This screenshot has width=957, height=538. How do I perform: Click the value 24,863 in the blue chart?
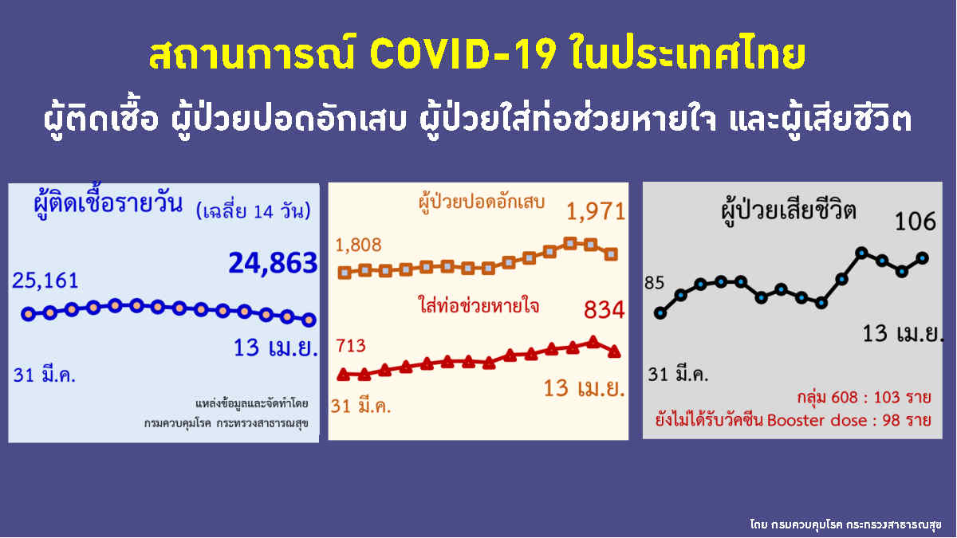click(x=273, y=263)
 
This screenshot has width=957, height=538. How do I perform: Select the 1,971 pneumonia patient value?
click(x=595, y=212)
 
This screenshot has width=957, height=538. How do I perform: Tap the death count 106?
click(x=915, y=221)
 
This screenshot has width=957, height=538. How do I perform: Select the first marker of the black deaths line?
click(x=660, y=312)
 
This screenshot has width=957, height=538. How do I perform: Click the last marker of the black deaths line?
click(x=923, y=257)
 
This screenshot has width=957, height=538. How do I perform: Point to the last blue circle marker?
click(x=309, y=320)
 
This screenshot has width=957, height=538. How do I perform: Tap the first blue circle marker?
click(x=29, y=312)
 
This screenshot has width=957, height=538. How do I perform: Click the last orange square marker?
click(x=611, y=254)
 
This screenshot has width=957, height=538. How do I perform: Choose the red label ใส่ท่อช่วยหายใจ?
click(x=478, y=305)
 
